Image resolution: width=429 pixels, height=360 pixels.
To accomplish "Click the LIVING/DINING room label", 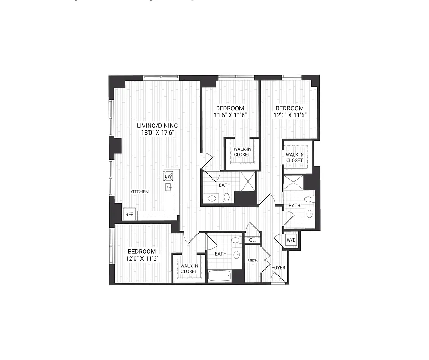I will [157, 126].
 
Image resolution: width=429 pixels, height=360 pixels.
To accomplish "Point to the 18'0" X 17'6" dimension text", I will [157, 133].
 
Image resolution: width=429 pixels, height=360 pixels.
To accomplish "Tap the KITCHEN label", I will [139, 192].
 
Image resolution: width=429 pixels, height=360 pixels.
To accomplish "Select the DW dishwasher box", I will [168, 176].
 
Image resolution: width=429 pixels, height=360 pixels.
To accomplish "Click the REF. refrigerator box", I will [130, 215].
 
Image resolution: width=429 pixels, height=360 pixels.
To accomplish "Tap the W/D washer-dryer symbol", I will [291, 240].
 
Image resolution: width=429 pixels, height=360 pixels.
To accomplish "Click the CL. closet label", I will [253, 240].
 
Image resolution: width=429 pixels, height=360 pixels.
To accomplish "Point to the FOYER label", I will [278, 268].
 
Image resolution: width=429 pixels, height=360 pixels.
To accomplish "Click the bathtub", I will [220, 276].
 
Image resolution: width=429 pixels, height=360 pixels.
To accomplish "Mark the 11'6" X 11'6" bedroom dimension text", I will [230, 116].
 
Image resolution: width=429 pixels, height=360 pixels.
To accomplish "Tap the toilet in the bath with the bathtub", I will [236, 241].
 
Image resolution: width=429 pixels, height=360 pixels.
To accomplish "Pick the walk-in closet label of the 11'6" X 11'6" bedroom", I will [242, 152].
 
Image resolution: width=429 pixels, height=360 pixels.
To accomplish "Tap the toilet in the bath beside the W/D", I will [309, 198].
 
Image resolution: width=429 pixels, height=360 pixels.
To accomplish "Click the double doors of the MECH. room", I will [265, 260].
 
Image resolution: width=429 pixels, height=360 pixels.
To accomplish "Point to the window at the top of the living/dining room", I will [161, 77].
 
